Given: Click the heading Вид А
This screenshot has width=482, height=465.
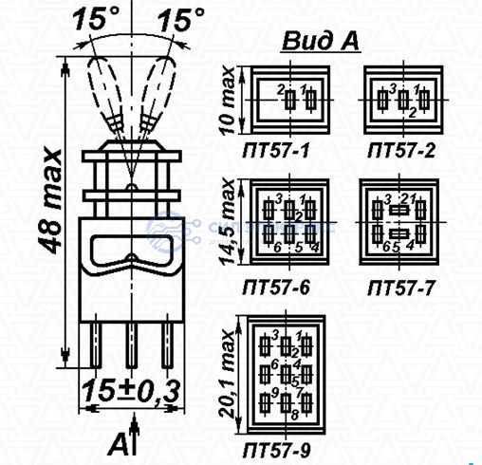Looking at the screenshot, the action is [x=321, y=41].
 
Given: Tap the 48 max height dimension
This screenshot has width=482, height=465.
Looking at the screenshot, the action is [x=50, y=200].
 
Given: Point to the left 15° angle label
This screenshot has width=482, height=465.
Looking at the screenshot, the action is [x=96, y=19].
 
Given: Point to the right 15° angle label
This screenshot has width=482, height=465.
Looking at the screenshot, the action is [x=180, y=20].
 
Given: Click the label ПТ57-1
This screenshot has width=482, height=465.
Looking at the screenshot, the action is [x=275, y=150].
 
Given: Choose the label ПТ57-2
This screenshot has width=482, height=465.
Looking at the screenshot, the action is [x=401, y=151].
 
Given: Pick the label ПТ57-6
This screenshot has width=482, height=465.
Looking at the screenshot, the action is [x=275, y=288].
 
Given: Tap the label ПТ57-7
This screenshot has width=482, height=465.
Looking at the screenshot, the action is [x=401, y=288].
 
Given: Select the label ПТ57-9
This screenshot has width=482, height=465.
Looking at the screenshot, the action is [x=277, y=450].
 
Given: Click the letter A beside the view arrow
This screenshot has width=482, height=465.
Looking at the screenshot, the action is [x=117, y=444].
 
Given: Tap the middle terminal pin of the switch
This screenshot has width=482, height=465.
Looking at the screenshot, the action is [x=132, y=345].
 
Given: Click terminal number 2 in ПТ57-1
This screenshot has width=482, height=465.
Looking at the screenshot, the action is [x=281, y=90].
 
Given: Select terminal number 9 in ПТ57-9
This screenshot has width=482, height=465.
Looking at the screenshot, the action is [x=275, y=393].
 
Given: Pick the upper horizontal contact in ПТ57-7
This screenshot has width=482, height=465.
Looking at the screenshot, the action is [x=399, y=210].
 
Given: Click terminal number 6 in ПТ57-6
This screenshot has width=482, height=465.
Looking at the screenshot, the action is [x=277, y=248].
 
